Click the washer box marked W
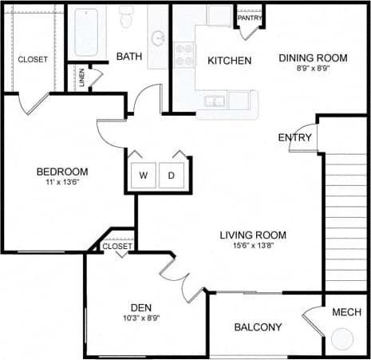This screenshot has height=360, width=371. (x=144, y=175)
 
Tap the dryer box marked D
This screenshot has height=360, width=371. (x=171, y=175)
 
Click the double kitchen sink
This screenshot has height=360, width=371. (x=213, y=101)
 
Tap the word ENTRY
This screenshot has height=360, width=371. (x=294, y=138)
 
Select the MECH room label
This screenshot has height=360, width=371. (x=346, y=311)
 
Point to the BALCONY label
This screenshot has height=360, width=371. (x=258, y=327)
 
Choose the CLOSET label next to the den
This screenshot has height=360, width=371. (x=117, y=247)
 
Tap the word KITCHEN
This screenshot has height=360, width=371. (x=229, y=61)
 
